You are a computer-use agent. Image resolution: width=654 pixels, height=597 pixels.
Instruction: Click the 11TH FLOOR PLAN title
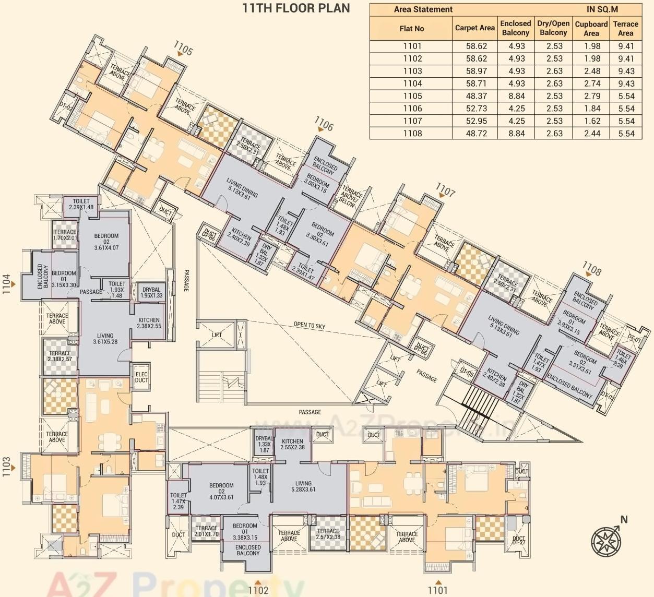(296, 8)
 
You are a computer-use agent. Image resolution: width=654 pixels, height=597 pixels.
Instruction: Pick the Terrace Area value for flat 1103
(625, 71)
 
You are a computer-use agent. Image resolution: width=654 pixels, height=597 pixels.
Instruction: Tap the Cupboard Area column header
(591, 28)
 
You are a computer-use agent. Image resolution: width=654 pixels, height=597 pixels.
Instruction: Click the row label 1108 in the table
(412, 134)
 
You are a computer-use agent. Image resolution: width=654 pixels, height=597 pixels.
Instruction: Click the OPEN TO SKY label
(309, 325)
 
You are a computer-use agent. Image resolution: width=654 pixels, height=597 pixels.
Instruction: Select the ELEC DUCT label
(141, 377)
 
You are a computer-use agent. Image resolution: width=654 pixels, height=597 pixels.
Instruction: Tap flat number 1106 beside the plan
(324, 125)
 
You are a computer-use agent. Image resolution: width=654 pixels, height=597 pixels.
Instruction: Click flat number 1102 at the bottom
(258, 590)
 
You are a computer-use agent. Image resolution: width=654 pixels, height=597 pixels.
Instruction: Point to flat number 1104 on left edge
(7, 284)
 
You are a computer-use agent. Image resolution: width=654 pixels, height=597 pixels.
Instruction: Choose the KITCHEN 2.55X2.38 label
(292, 444)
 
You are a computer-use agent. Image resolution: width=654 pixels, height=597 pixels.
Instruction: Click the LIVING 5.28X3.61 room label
(303, 486)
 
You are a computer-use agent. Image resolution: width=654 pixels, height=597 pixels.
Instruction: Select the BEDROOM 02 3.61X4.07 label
(106, 242)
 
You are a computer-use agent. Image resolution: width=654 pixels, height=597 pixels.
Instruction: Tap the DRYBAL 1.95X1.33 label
(151, 292)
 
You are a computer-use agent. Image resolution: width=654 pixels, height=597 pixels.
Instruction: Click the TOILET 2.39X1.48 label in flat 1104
(81, 204)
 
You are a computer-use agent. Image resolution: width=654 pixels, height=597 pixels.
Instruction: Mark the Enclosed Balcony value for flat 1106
(516, 109)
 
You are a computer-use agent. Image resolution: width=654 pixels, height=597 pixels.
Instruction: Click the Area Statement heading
(423, 9)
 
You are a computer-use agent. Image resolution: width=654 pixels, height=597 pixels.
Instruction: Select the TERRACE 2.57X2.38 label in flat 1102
(328, 534)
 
